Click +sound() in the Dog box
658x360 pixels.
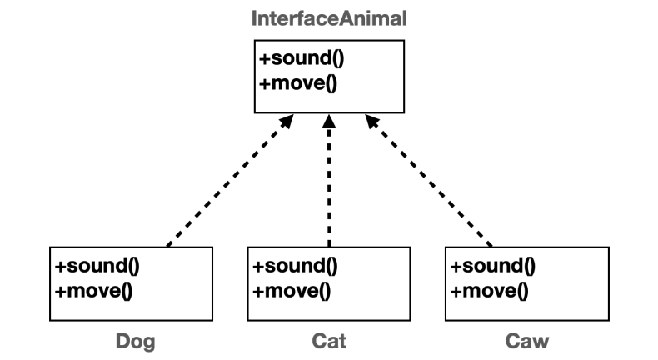point(97,267)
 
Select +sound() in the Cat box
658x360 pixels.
point(294,267)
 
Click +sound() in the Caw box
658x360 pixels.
point(492,267)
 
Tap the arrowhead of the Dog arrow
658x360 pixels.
point(286,122)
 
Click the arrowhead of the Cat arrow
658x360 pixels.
point(329,122)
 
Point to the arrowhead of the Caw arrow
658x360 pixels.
point(371,122)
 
